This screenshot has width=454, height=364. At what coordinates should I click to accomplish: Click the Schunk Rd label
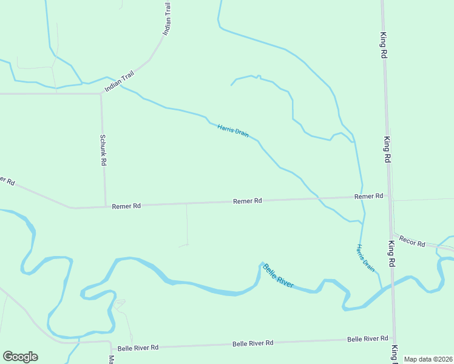click(103, 150)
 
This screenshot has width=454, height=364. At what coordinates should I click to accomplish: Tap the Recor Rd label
click(412, 241)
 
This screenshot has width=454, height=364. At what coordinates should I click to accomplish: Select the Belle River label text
click(278, 276)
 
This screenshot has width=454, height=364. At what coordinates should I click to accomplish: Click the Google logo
click(20, 357)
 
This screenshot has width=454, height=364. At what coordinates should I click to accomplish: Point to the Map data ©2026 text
click(429, 359)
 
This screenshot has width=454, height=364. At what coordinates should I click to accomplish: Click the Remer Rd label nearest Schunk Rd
click(126, 206)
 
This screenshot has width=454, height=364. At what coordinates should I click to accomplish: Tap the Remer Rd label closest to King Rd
click(369, 197)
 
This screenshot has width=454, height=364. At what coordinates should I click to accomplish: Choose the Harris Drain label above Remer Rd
click(233, 130)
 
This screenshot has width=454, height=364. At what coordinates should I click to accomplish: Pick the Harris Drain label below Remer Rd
click(365, 257)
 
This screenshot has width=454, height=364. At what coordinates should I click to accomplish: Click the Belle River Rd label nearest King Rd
click(368, 339)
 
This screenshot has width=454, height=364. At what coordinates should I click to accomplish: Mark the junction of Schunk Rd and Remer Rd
click(106, 206)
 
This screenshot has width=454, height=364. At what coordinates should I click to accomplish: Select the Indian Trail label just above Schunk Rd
click(119, 83)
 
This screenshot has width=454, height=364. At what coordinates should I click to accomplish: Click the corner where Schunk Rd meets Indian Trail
click(101, 93)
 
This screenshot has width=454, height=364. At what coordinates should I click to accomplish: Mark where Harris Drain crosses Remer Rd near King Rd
click(363, 198)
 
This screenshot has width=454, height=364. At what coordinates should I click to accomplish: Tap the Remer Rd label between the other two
click(248, 201)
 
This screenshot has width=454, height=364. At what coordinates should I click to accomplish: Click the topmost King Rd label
click(384, 45)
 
